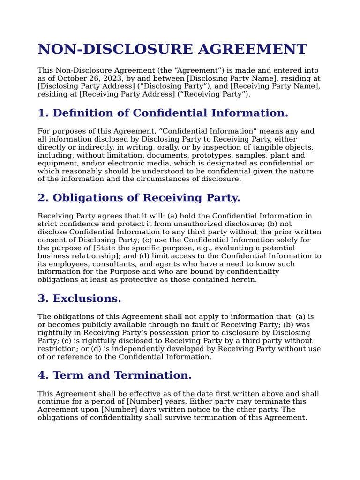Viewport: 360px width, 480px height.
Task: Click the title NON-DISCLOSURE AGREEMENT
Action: [172, 49]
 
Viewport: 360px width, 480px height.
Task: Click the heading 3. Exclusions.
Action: [79, 299]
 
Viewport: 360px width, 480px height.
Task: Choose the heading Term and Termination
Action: [115, 375]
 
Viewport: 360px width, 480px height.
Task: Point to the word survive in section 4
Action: [172, 418]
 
